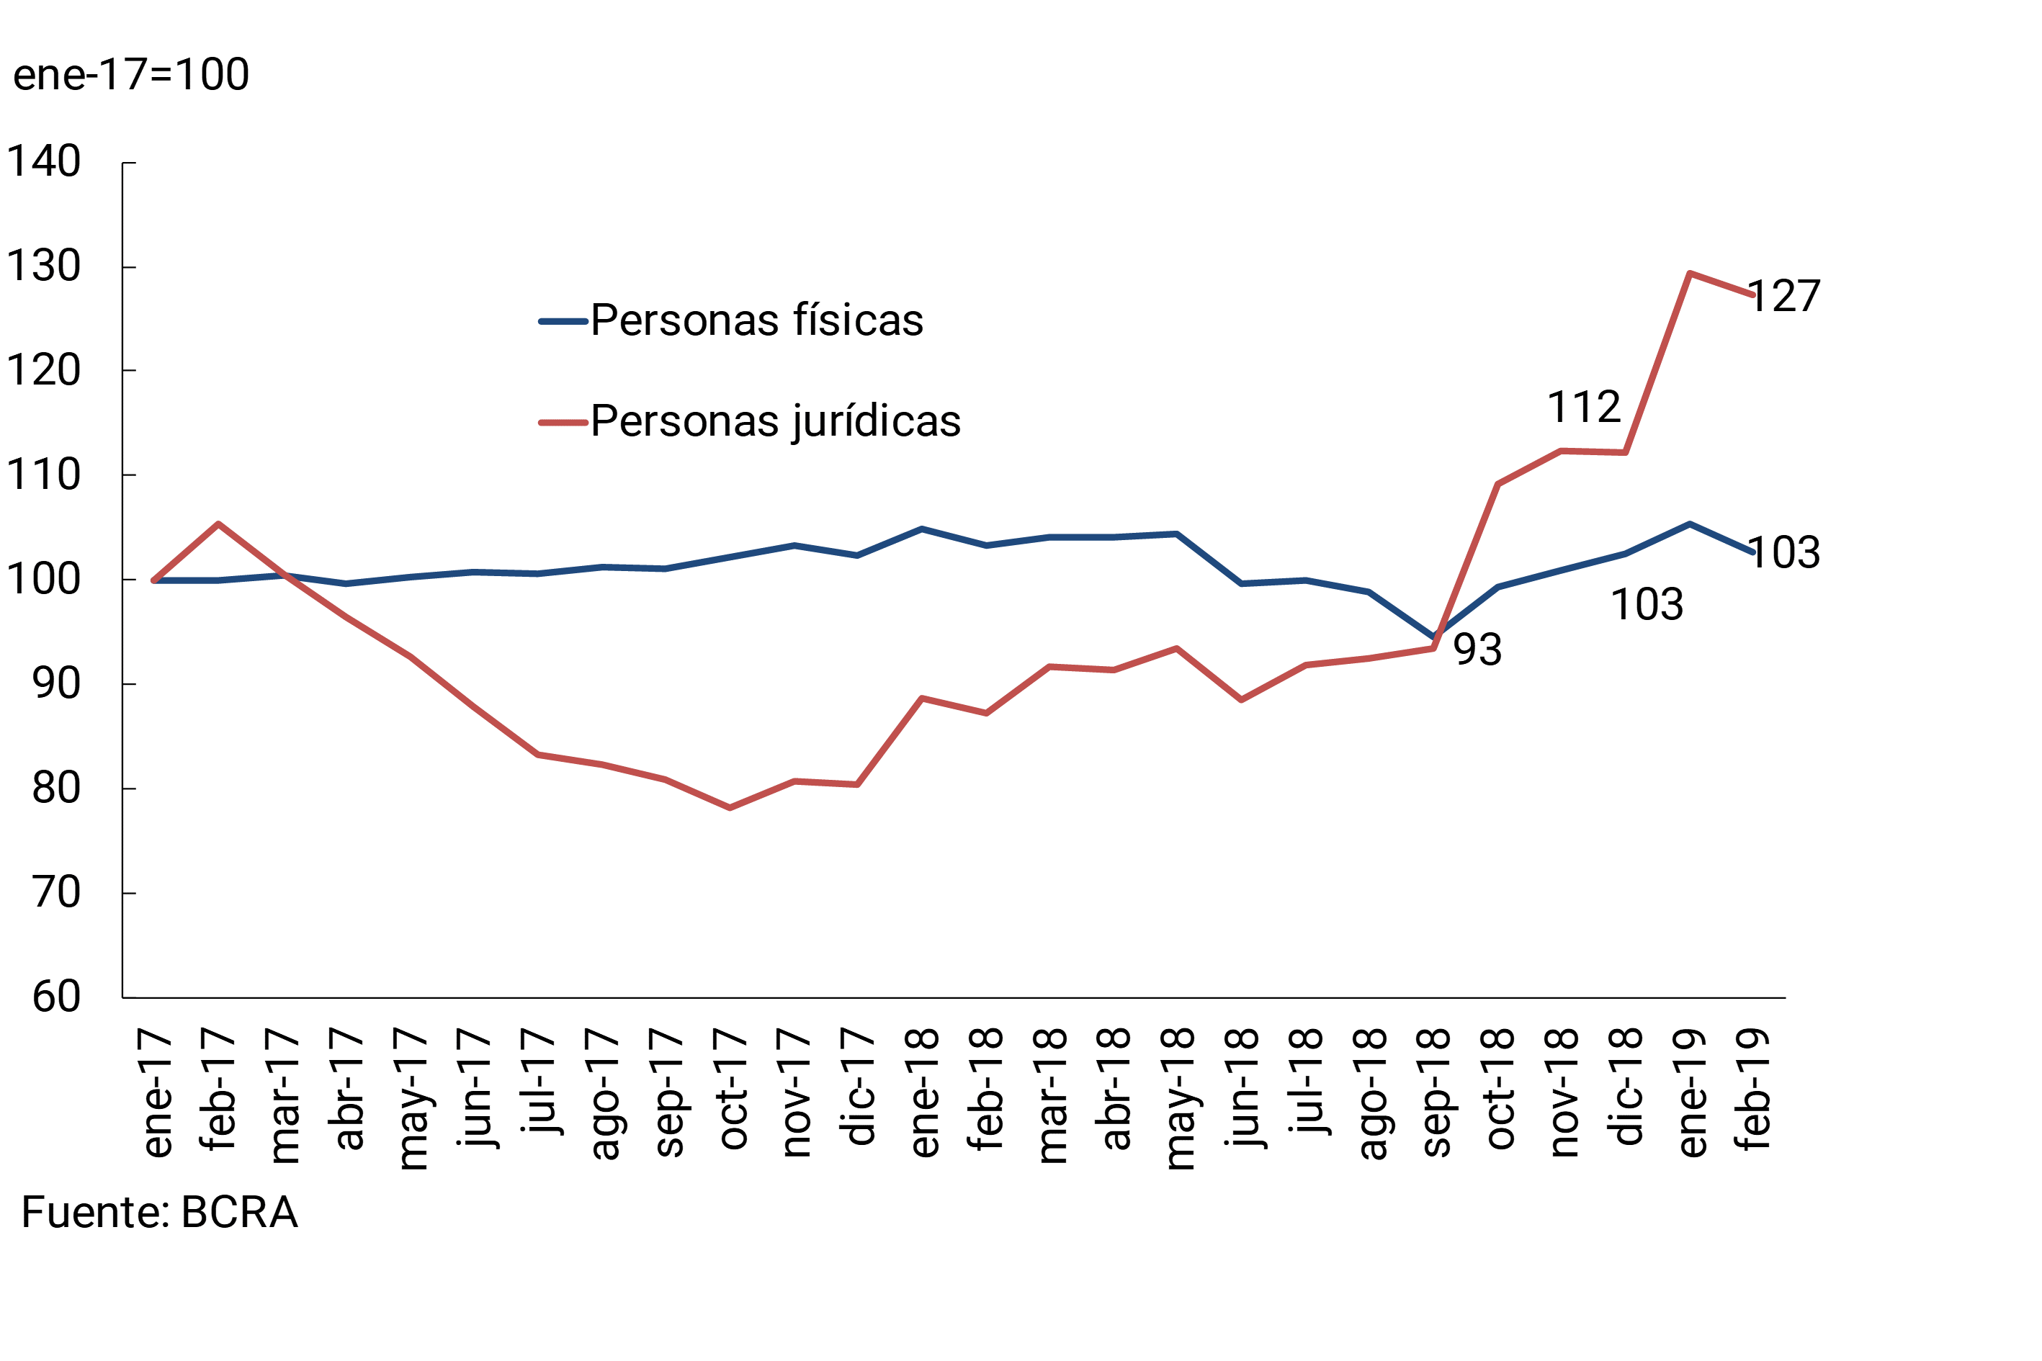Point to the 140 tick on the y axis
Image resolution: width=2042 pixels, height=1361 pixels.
point(43,162)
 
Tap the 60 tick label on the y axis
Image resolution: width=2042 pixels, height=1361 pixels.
point(56,997)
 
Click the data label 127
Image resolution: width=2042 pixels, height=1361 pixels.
point(1783,297)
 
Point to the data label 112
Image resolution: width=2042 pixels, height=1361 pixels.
point(1584,407)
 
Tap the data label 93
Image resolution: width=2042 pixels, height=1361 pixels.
point(1477,650)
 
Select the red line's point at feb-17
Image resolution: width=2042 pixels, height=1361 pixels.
point(218,524)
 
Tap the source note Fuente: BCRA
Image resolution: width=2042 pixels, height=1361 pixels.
point(160,1213)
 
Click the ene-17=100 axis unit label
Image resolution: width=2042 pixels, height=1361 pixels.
point(131,75)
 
